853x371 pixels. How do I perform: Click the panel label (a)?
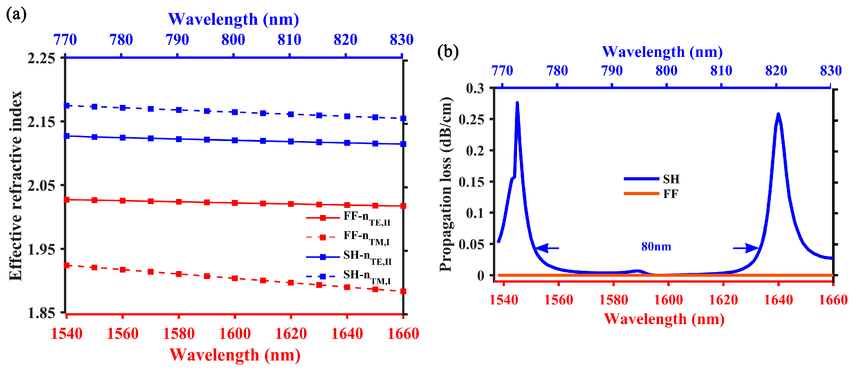16,15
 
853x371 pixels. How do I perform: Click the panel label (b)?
448,52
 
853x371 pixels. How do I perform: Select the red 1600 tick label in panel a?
235,333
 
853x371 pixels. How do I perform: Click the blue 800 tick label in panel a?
233,40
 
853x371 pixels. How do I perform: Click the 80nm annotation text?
656,246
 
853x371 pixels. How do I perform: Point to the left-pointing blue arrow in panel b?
547,248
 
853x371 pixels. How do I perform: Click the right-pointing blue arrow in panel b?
745,248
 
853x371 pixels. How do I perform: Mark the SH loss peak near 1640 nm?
778,115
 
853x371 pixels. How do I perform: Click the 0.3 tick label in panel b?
475,88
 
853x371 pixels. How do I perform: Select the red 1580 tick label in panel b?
613,300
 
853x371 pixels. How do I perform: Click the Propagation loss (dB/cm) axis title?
446,184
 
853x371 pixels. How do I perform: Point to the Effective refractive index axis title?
15,186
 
